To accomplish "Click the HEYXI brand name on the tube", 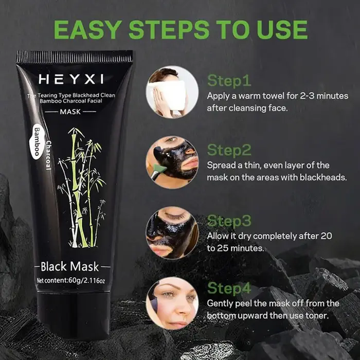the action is [71, 79].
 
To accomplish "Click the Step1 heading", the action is [229, 81].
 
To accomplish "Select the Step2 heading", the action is [229, 150].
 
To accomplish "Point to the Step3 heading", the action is [229, 221].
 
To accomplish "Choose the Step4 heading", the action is [229, 288].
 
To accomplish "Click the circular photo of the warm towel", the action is [172, 92].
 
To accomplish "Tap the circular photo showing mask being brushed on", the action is [172, 162].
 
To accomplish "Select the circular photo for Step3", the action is [172, 232].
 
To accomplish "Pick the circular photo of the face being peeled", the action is [172, 303].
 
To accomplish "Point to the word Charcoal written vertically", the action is [48, 155].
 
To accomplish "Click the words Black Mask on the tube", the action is [69, 266].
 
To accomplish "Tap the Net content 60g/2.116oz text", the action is [71, 281].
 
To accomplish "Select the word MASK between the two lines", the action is [70, 112].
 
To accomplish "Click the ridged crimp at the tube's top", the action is [75, 57].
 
